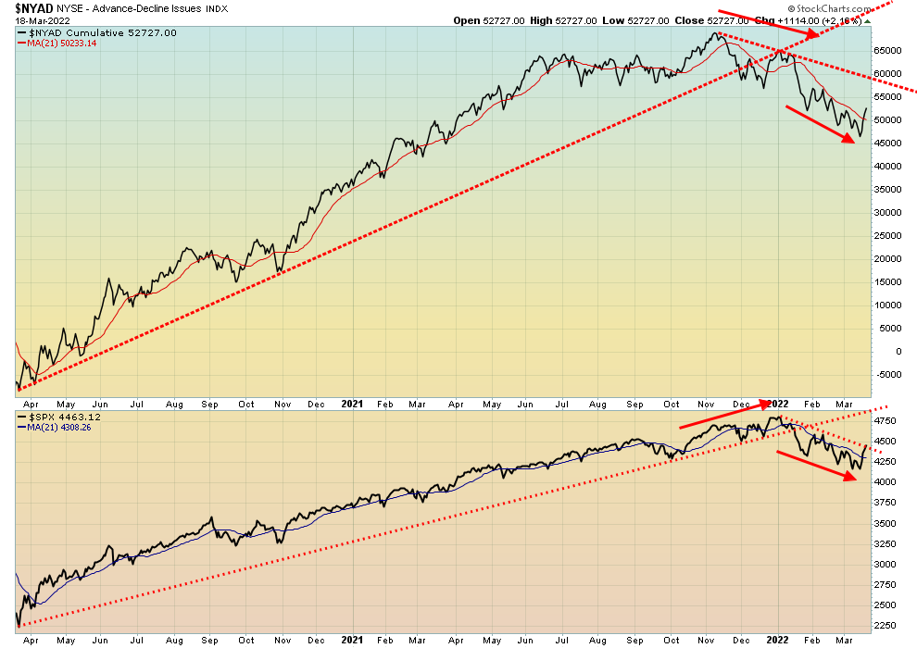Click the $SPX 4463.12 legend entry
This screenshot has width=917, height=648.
[69, 417]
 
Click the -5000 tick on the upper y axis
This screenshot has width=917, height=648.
[890, 374]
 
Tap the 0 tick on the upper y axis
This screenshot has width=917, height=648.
[896, 351]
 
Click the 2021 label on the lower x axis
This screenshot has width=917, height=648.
[352, 640]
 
